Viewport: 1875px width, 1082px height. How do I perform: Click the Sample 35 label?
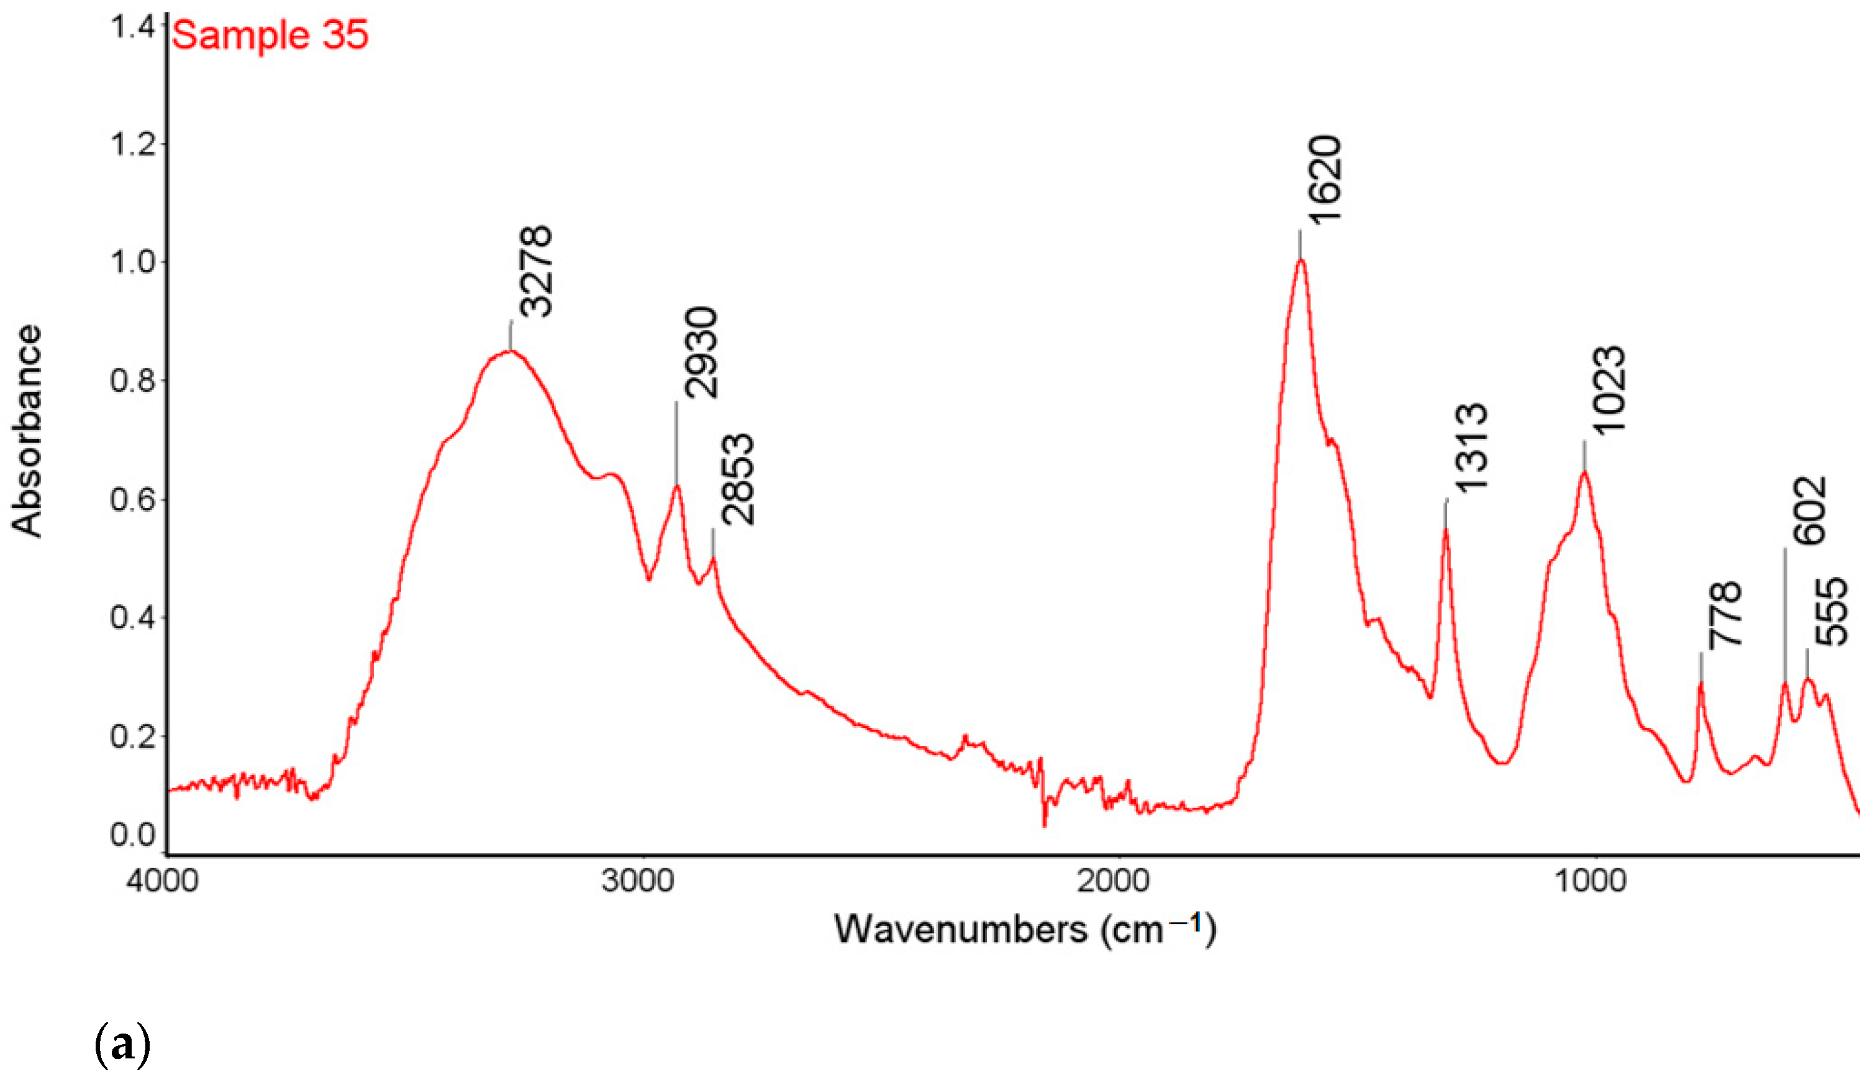point(270,35)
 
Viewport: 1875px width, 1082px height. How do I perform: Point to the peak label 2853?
point(738,480)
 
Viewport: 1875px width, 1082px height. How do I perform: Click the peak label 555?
point(1830,612)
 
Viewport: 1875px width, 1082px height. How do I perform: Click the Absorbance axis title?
point(27,431)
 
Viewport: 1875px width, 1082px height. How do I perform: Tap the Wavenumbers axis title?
point(1025,930)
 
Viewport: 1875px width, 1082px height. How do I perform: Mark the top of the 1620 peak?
point(1301,260)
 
